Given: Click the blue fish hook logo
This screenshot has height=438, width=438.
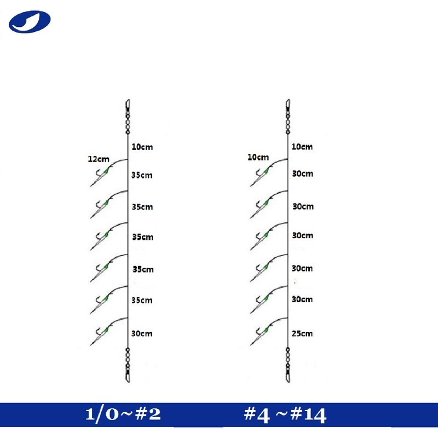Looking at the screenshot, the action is (x=30, y=22).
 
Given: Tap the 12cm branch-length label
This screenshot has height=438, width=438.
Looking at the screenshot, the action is (x=99, y=159).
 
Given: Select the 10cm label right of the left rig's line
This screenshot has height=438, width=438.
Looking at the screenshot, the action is (x=142, y=147).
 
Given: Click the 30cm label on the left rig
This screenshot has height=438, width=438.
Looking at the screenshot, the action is (x=142, y=333).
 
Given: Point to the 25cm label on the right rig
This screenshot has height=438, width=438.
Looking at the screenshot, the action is (x=302, y=333).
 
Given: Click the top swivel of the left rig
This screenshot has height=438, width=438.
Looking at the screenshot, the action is (x=128, y=117).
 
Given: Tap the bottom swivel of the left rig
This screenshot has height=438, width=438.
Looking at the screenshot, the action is (x=128, y=365).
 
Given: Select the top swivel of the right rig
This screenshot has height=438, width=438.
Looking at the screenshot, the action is (x=288, y=117).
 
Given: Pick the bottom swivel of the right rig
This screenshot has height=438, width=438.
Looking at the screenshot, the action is (x=288, y=365).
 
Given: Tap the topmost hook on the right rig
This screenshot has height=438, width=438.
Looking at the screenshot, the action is (x=261, y=176).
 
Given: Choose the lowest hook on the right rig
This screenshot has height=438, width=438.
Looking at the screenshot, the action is (x=261, y=335).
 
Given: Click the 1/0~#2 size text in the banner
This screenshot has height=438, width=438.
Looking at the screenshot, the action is (x=123, y=414).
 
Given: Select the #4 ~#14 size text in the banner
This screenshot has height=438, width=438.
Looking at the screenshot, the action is (x=285, y=415).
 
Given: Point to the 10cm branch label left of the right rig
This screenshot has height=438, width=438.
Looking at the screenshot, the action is (x=258, y=158).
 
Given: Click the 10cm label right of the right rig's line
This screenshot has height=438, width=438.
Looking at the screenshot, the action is (x=302, y=147).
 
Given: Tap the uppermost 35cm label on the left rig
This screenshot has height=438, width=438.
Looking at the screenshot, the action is (x=142, y=175).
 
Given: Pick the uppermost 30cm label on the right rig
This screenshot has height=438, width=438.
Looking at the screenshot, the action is (x=303, y=174).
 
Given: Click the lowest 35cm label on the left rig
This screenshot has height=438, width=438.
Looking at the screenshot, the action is (x=142, y=301).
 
